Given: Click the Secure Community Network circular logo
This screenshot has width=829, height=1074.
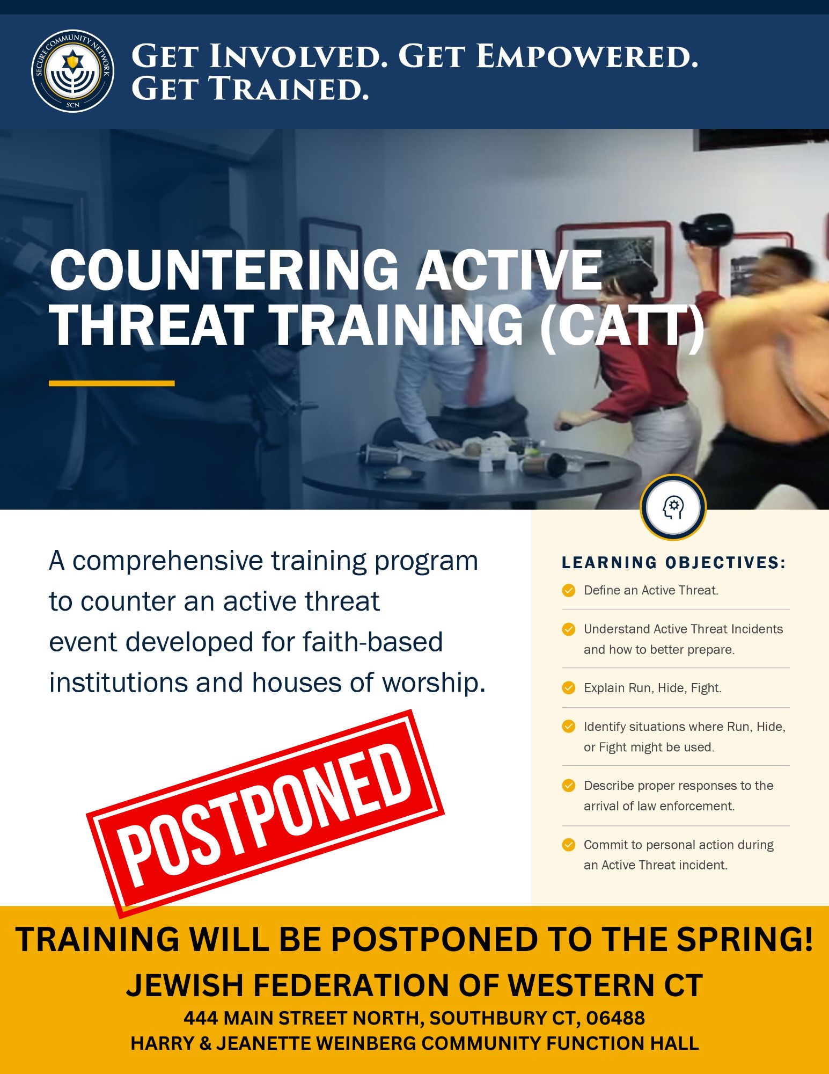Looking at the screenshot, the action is coord(72,71).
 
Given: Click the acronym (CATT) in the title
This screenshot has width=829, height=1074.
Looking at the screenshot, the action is coord(622,325).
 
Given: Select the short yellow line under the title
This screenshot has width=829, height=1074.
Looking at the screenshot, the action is coord(112,383).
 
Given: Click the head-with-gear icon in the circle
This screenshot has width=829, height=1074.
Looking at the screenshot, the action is coord(673,507).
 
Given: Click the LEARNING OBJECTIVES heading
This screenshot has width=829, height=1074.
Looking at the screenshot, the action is coord(674,563).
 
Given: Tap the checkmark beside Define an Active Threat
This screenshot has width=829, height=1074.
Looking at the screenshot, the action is coord(569,591).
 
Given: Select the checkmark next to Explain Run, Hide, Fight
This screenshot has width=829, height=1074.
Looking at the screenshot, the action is coord(569,688).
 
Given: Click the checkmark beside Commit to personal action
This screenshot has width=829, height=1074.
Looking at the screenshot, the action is coord(569,845).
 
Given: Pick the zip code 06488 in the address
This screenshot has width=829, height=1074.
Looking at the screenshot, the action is coord(615,1018).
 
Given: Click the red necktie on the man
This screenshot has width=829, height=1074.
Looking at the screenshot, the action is coord(476,376).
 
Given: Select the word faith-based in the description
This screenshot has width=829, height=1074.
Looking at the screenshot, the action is coord(372,642).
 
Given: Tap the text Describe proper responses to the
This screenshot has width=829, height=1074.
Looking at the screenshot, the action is coord(678,786).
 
